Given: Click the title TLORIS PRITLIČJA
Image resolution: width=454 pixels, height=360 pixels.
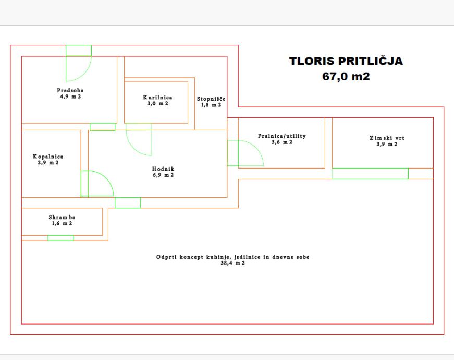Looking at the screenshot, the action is tap(346, 61).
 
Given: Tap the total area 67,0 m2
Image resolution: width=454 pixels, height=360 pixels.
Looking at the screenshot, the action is tap(346, 77).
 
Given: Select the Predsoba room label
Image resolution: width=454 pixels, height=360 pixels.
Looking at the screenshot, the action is tap(70, 90).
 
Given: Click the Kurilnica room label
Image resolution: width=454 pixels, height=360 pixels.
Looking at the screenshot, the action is tap(157, 98).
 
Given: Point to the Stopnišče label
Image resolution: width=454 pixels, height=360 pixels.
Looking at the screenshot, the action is tap(211, 99).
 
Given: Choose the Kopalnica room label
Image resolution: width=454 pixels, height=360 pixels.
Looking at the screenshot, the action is tap(48, 157).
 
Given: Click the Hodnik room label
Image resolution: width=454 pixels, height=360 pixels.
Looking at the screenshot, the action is tap(163, 169).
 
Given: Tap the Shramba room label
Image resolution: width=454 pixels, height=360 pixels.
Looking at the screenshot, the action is tap(62, 217).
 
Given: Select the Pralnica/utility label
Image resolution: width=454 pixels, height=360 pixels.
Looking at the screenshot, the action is tap(281, 136).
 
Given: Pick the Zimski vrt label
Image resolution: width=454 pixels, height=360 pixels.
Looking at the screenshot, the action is tap(387, 138).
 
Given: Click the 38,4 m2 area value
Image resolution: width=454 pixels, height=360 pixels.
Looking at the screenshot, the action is tap(233, 263).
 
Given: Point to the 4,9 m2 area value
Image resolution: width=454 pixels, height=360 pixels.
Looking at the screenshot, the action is tap(70, 97).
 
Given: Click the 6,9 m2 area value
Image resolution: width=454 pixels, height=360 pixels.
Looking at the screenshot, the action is tap(163, 175).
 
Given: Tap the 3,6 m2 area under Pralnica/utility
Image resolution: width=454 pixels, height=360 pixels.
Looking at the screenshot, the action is tap(281, 142).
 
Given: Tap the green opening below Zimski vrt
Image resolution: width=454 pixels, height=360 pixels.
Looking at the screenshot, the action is tap(370, 174).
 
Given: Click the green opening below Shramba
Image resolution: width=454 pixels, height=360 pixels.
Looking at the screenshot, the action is tap(60, 238).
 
